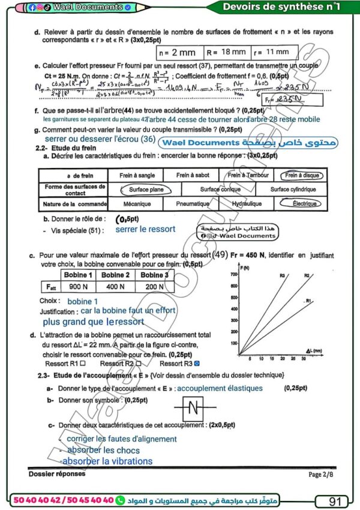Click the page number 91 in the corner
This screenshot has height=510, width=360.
(335, 500)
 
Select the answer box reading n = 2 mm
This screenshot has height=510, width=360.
(179, 53)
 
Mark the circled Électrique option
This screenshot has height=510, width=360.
(304, 203)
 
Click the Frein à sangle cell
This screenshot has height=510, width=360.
(133, 175)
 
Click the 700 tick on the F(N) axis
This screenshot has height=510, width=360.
(234, 274)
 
